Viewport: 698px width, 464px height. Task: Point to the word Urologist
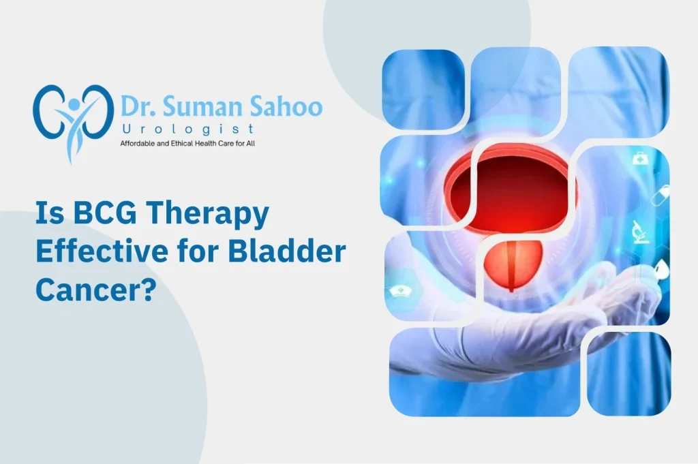[188, 129]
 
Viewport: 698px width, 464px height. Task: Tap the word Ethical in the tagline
[183, 144]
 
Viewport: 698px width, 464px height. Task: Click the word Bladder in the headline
[287, 251]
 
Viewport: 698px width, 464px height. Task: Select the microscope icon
[641, 232]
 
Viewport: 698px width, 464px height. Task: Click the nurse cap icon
[401, 292]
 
